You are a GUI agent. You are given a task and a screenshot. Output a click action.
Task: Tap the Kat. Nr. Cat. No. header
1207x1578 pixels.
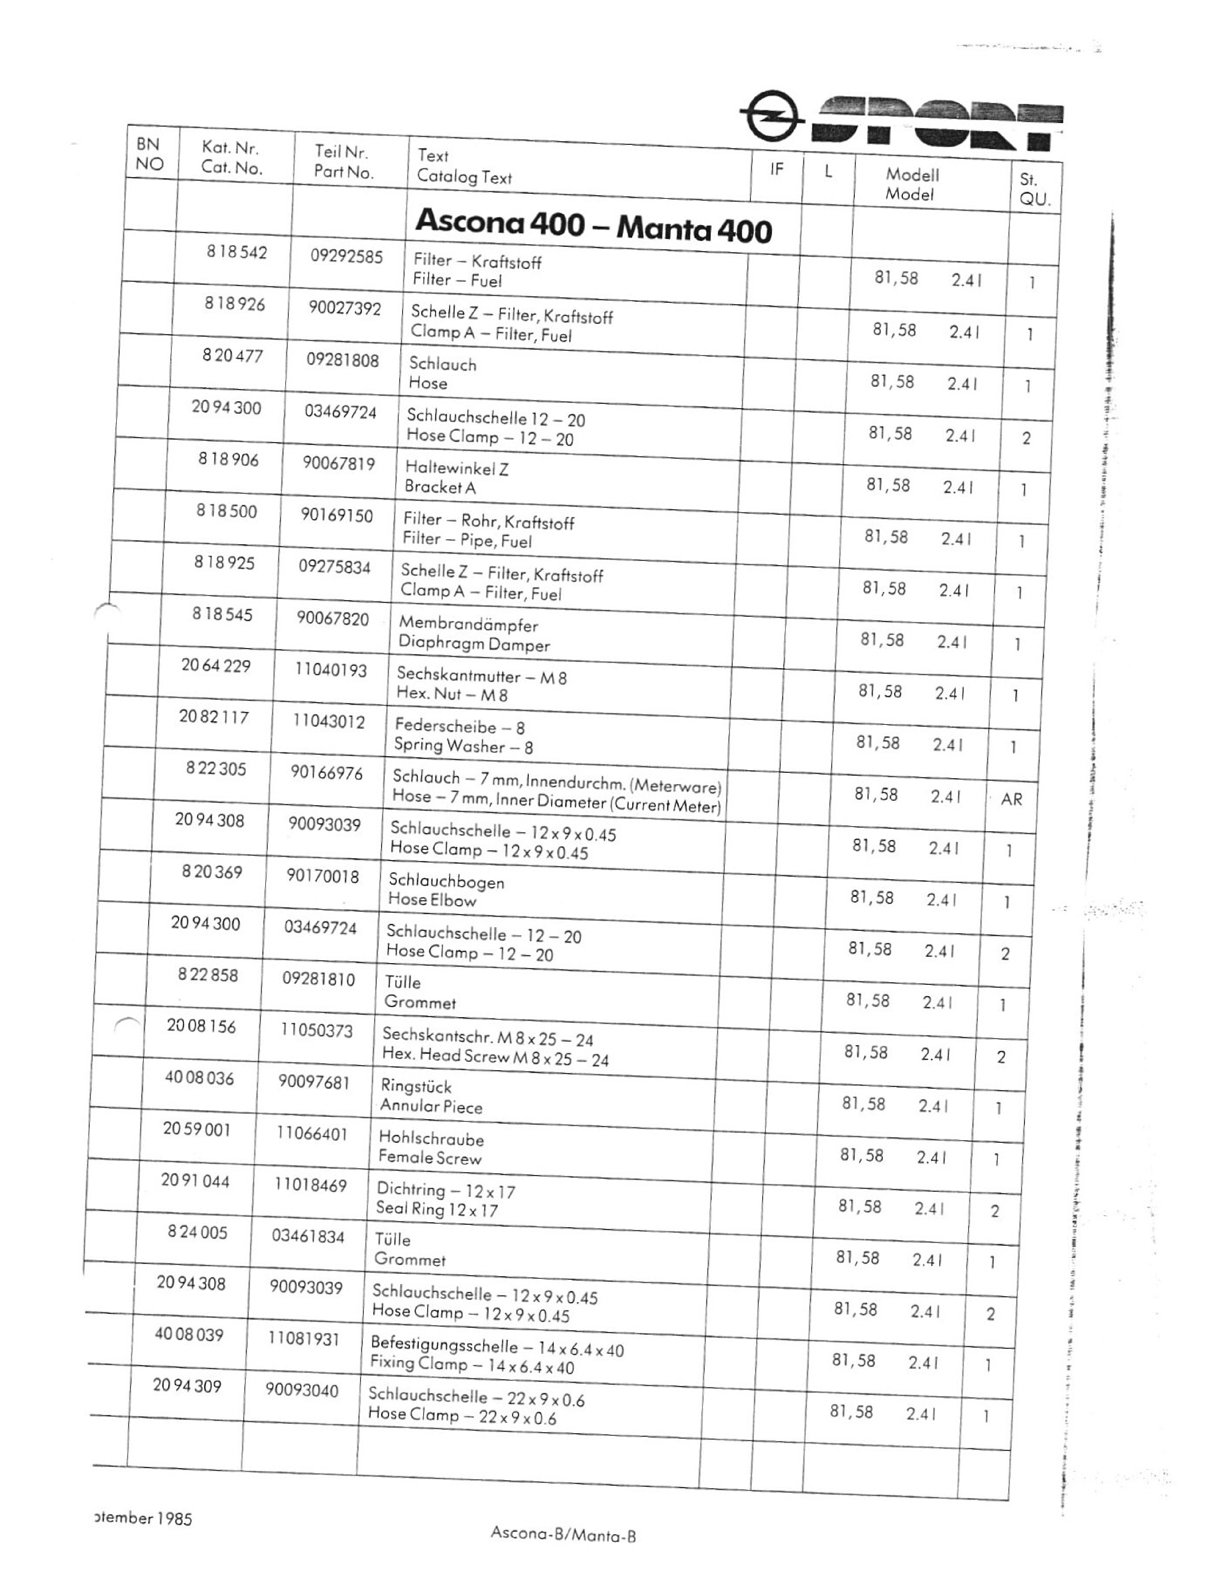click(231, 158)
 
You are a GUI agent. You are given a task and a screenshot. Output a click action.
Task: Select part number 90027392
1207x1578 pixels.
click(345, 308)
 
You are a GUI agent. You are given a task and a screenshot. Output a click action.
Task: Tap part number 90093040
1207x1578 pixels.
click(302, 1391)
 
